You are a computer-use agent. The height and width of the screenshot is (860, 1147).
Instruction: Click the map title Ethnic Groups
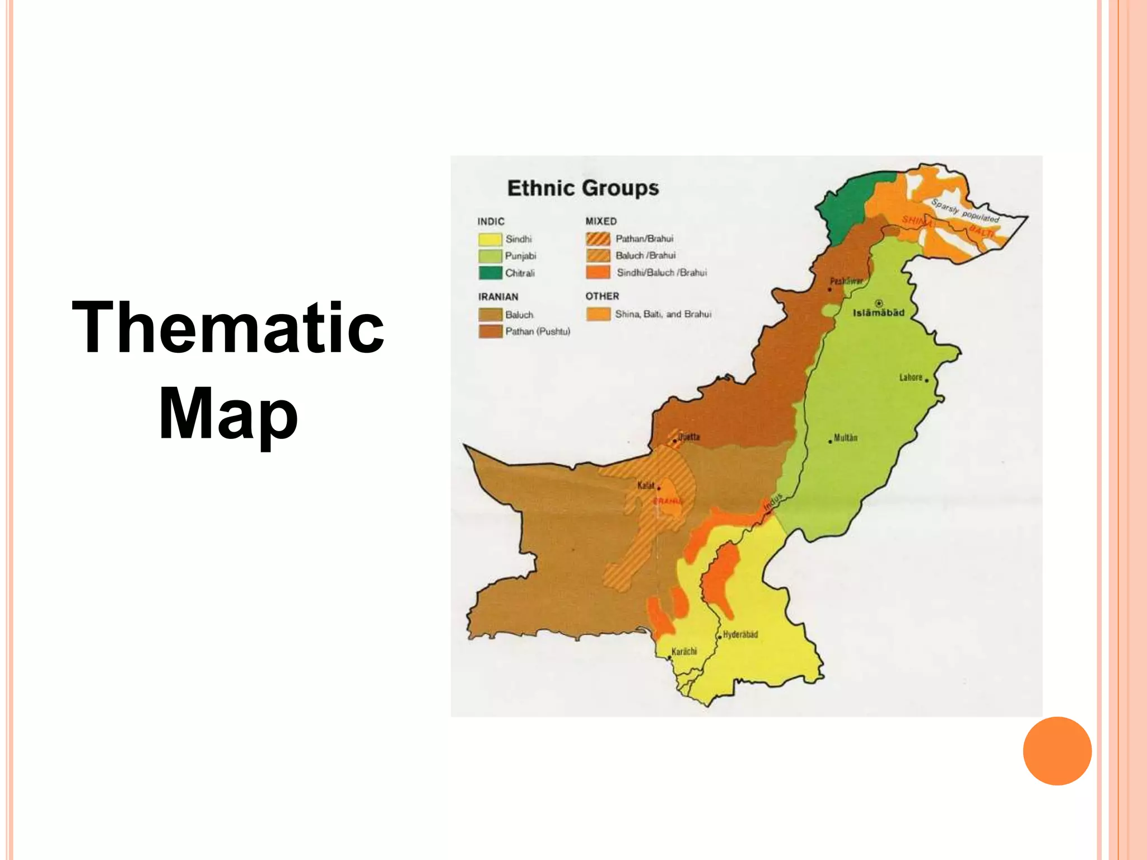tap(583, 188)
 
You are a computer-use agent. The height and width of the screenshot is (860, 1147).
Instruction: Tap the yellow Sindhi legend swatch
tap(489, 240)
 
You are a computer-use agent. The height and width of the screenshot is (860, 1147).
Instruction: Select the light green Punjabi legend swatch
tap(489, 256)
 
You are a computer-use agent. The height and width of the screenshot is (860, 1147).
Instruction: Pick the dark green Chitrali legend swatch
tap(489, 273)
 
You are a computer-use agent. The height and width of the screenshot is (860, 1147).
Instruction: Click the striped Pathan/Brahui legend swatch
tap(598, 239)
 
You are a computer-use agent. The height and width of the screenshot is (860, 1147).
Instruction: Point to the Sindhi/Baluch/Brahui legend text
tap(661, 273)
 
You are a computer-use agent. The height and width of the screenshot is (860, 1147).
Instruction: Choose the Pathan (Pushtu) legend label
tap(538, 331)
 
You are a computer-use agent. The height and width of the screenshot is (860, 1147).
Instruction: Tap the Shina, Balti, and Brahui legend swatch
tap(598, 314)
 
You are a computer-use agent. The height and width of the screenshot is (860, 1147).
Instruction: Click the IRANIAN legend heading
tap(498, 297)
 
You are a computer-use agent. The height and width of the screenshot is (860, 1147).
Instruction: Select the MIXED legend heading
tap(601, 221)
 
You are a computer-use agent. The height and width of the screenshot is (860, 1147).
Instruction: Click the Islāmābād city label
tap(878, 313)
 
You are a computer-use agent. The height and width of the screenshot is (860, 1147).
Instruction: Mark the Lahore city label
tap(911, 377)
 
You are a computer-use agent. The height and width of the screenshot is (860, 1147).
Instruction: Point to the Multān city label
tap(845, 438)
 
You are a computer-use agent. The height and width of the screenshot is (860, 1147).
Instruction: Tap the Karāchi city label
tap(684, 651)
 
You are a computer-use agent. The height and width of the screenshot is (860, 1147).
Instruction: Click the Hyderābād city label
tap(740, 634)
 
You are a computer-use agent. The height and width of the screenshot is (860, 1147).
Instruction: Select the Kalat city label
tap(646, 485)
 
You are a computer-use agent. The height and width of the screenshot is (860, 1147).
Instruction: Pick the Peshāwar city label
tap(846, 281)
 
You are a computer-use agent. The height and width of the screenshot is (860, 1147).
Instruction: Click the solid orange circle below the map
tap(1057, 751)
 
